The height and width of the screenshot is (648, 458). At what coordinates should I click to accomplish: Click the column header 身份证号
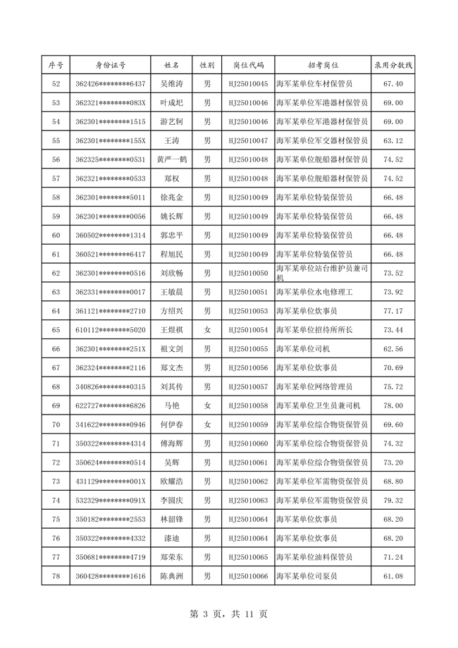click(111, 65)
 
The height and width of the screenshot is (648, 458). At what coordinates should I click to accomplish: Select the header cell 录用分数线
click(392, 65)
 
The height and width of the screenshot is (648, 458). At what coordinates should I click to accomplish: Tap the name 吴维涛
click(172, 84)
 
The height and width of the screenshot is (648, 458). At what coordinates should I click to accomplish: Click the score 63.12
click(392, 141)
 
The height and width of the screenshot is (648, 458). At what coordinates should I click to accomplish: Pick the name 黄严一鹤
click(172, 160)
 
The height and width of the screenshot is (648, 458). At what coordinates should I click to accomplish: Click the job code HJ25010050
click(249, 273)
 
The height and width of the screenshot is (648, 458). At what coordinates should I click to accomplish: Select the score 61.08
click(392, 576)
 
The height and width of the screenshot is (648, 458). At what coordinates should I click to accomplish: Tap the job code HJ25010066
click(249, 576)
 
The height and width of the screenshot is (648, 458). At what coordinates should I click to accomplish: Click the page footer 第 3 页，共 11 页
click(229, 614)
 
